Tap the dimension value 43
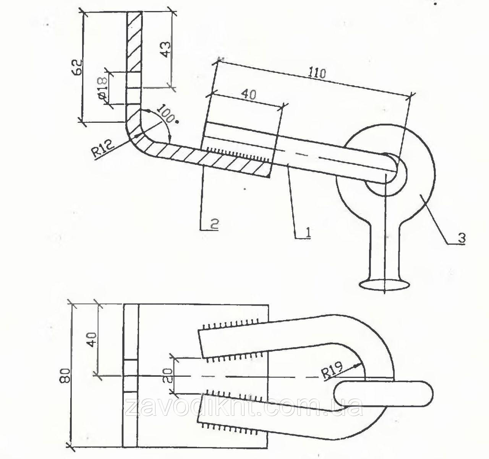[166, 49]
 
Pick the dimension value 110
[317, 73]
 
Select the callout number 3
[461, 238]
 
